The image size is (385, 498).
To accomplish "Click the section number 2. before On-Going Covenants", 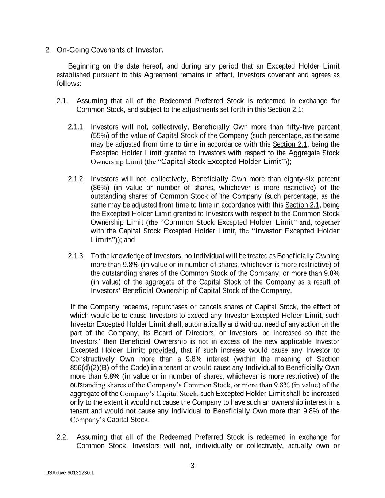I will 48,50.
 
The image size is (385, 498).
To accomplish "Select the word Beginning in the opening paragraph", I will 84,66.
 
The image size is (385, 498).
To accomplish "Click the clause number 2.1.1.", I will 76,127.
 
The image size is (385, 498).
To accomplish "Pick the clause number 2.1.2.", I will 76,179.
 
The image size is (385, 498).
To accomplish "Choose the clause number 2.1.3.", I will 76,256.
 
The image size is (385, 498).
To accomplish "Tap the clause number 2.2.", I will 62,437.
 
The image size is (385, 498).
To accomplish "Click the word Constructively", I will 92,359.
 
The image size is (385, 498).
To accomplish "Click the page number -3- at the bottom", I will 192,466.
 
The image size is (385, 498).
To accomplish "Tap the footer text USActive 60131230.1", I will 70,473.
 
